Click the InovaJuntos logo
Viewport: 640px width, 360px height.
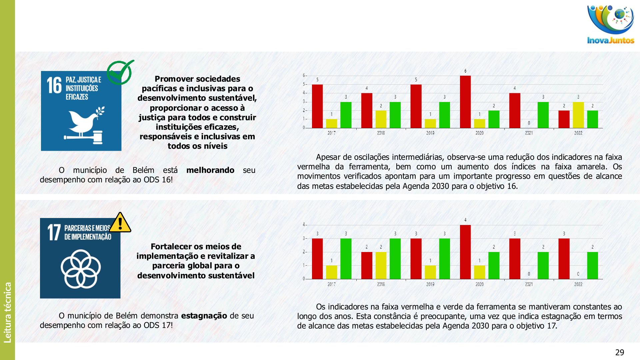pyautogui.click(x=610, y=25)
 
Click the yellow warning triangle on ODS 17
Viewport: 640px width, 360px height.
pyautogui.click(x=120, y=223)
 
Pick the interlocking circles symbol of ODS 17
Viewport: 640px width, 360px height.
pyautogui.click(x=81, y=269)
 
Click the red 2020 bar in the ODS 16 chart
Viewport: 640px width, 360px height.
pyautogui.click(x=465, y=102)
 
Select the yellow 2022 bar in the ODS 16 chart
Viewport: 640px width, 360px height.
pyautogui.click(x=578, y=115)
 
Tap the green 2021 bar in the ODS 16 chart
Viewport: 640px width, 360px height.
pyautogui.click(x=543, y=115)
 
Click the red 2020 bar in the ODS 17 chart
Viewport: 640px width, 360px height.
pyautogui.click(x=465, y=252)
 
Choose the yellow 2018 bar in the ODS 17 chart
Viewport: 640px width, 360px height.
pyautogui.click(x=381, y=265)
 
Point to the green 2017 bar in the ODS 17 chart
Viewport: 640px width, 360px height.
pyautogui.click(x=346, y=259)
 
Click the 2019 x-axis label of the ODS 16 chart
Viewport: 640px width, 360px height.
pyautogui.click(x=430, y=133)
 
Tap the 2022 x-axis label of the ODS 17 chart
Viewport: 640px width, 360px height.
pyautogui.click(x=578, y=284)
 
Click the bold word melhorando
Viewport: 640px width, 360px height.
pyautogui.click(x=210, y=170)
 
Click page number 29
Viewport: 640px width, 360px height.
pyautogui.click(x=620, y=352)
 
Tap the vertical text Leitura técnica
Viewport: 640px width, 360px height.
pyautogui.click(x=7, y=312)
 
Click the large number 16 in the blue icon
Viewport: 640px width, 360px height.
pyautogui.click(x=54, y=85)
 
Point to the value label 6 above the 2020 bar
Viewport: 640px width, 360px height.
pyautogui.click(x=465, y=71)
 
